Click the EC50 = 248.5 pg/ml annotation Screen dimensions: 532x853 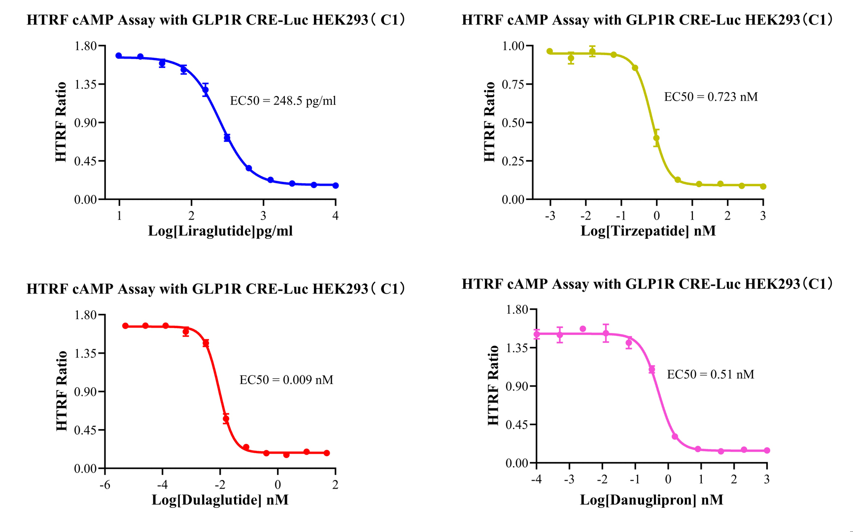(x=283, y=101)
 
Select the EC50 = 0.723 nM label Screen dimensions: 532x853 (x=711, y=97)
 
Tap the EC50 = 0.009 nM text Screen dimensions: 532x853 (x=286, y=380)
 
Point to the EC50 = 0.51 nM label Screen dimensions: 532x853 (x=710, y=374)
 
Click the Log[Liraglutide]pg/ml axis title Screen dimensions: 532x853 (x=220, y=231)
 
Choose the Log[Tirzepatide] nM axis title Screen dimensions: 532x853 (x=648, y=231)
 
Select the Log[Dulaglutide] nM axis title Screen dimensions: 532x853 (x=220, y=500)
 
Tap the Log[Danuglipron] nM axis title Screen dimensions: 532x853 (x=651, y=500)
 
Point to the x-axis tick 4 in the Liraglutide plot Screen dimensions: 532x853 (x=336, y=216)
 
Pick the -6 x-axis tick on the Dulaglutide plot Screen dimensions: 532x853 (x=105, y=485)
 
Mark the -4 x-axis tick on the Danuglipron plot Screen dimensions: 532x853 (x=537, y=479)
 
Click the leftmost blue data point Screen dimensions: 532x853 (x=119, y=56)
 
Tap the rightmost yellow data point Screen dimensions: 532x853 (x=763, y=186)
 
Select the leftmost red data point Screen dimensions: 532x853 (x=126, y=326)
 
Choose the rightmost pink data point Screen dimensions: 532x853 (x=767, y=450)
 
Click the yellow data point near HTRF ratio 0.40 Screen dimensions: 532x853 (x=656, y=138)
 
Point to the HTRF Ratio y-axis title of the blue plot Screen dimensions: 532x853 (x=61, y=122)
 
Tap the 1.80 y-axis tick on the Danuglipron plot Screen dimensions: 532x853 (x=516, y=310)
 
